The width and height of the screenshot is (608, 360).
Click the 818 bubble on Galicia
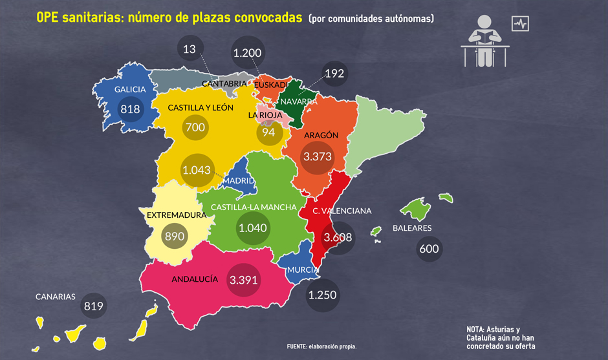coord(130,109)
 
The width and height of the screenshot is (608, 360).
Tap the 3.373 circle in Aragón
coord(317,156)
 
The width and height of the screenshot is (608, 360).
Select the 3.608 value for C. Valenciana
coord(338,237)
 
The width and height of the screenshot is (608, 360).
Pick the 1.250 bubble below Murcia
coord(322,295)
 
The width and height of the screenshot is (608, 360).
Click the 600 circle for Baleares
coord(429,249)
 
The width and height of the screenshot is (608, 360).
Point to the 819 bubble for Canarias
coord(94,306)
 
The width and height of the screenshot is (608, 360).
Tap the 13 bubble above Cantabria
coord(190,49)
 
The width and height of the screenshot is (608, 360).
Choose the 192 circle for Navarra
coord(334,74)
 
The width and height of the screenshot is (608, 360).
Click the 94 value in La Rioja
coord(268,132)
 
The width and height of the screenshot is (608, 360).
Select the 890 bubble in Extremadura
coord(175,236)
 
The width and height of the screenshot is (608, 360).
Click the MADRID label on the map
coord(239,180)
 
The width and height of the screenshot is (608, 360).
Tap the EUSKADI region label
coord(271,85)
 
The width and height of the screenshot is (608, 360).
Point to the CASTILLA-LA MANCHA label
coord(254,207)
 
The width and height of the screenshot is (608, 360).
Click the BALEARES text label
coord(412,228)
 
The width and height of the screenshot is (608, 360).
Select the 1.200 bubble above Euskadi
coord(247,54)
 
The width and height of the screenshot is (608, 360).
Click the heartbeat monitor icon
coord(520,24)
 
